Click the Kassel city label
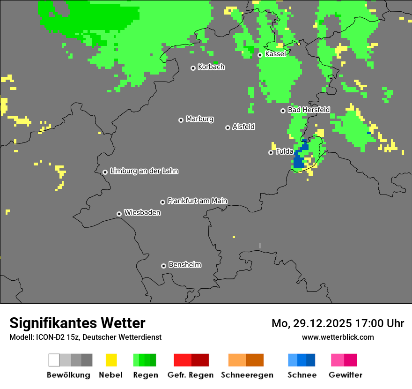[x=275, y=54]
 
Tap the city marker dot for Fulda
[x=271, y=152]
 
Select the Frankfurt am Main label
[x=197, y=201]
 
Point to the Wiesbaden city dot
[x=119, y=214]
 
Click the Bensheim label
[x=184, y=265]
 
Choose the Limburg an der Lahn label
[x=144, y=171]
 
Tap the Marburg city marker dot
[x=181, y=120]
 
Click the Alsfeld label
[x=243, y=127]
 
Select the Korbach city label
[x=211, y=67]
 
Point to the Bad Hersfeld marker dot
[x=283, y=111]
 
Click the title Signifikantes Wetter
[x=77, y=323]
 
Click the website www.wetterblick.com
[x=338, y=337]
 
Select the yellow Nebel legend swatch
[x=111, y=360]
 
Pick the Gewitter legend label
[x=346, y=375]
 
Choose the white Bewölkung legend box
[x=54, y=360]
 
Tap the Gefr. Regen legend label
[x=191, y=375]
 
